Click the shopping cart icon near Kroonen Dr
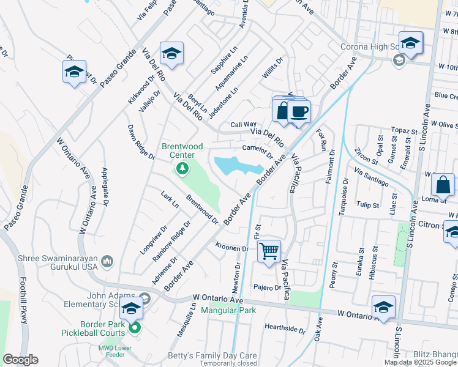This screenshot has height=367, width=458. click(x=269, y=250)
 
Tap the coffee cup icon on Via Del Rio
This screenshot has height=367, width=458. click(x=299, y=112)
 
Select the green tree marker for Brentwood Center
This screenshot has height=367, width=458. click(x=182, y=169)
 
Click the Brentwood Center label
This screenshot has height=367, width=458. click(x=182, y=150)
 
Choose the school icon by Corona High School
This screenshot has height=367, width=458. click(x=411, y=43)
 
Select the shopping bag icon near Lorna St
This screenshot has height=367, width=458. click(x=442, y=184)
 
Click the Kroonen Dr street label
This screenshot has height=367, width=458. click(x=231, y=248)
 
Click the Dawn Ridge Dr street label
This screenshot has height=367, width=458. click(x=141, y=141)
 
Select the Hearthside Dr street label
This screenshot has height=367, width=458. click(x=285, y=328)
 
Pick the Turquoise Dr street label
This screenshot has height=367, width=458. click(x=343, y=196)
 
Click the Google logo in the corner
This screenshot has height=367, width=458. click(x=21, y=359)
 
